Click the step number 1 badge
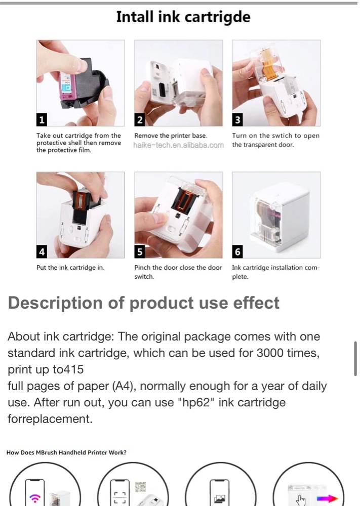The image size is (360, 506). (42, 120)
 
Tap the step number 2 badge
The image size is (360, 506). (139, 120)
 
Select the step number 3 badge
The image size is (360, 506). (237, 120)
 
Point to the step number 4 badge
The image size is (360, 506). (42, 251)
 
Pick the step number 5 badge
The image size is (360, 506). (139, 251)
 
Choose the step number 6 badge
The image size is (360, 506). (237, 251)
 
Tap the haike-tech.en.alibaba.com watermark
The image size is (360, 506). (178, 145)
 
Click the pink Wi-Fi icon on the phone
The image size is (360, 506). (34, 498)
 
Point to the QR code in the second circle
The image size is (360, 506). (140, 487)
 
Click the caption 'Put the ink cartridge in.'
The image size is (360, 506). (70, 268)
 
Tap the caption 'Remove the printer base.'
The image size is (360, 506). (171, 136)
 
